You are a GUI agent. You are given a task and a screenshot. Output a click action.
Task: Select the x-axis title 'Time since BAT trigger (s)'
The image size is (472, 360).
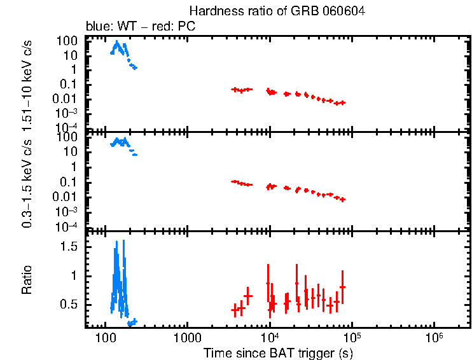coord(279,352)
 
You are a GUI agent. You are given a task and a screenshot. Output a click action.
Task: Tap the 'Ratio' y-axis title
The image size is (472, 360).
coord(27,279)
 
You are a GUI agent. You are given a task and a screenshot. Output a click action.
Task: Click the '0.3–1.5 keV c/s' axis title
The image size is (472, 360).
coord(27,185)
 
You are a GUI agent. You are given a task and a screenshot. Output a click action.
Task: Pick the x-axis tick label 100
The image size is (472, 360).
coord(104,337)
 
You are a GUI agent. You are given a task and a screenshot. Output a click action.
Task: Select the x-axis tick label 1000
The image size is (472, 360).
coord(187,337)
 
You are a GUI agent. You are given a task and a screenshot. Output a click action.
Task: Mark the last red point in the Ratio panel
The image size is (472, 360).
coord(342,287)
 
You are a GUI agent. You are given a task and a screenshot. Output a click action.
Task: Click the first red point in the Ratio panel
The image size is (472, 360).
coord(235,309)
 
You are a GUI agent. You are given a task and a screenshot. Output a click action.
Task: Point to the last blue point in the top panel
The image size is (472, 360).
coord(134,67)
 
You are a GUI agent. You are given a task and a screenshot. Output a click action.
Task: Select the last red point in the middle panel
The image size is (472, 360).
coord(343,200)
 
